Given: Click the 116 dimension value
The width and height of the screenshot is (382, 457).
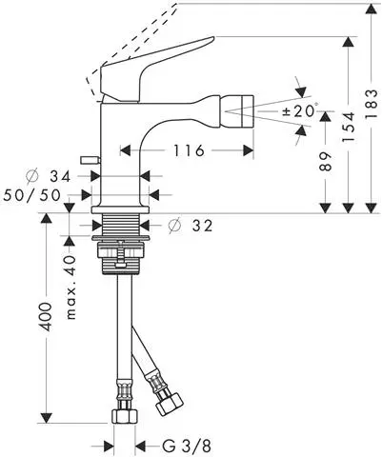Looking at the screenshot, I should [188, 150].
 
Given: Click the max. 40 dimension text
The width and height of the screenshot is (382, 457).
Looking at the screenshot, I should [69, 286].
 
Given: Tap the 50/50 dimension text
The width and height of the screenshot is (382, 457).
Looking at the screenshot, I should [32, 193].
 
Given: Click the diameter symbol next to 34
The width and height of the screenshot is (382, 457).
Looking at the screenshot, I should [32, 175].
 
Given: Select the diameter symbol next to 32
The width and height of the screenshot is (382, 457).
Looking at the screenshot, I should [174, 227].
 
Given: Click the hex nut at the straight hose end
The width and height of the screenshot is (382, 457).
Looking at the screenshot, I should [122, 415].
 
